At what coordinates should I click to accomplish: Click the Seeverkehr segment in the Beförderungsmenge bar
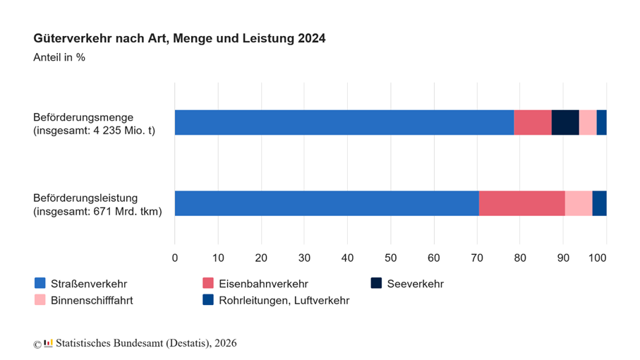tap(565, 122)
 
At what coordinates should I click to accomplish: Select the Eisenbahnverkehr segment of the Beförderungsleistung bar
tap(522, 203)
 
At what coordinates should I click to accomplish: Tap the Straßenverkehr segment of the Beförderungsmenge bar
tap(344, 122)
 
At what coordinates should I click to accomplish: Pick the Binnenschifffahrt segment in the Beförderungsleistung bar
tap(579, 203)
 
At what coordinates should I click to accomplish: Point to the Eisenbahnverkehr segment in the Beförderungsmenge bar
tap(533, 122)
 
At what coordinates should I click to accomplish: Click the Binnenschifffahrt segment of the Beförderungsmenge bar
tap(588, 122)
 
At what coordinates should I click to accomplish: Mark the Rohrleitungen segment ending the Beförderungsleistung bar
tap(600, 203)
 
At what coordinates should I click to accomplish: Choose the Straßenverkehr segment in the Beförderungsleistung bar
tap(327, 203)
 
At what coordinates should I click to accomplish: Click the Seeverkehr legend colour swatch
tap(376, 283)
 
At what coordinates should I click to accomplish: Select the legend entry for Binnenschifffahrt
tap(84, 301)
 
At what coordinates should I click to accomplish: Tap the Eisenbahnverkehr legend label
tap(263, 284)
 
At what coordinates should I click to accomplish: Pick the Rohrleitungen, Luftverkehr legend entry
tap(276, 301)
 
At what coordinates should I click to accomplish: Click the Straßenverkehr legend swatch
tap(40, 283)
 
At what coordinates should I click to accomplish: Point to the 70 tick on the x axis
tap(477, 258)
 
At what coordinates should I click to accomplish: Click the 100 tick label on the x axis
tap(598, 258)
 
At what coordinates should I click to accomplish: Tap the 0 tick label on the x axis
tap(175, 258)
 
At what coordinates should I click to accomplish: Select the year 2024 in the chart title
tap(312, 38)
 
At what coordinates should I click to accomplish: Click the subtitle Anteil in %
tap(59, 58)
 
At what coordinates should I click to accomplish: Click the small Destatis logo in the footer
tap(48, 343)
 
